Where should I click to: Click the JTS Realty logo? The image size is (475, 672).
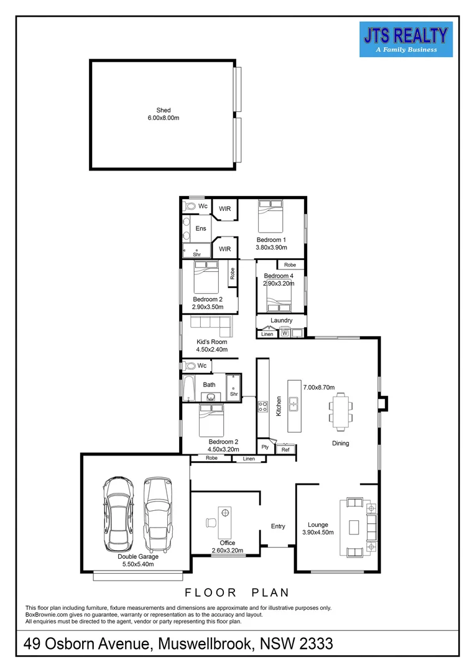click(406, 39)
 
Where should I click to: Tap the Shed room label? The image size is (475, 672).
click(164, 110)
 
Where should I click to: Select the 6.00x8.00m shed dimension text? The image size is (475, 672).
click(164, 118)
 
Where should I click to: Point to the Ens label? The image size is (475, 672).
click(201, 228)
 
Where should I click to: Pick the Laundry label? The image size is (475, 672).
click(282, 320)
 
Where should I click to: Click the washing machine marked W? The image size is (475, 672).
click(285, 333)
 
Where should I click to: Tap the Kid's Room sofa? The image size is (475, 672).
click(211, 325)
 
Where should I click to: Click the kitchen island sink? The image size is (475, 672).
click(294, 403)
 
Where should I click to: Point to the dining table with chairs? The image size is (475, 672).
click(341, 412)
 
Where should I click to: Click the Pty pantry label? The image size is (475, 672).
click(265, 447)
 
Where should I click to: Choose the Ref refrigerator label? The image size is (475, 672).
click(286, 450)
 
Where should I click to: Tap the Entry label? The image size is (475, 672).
click(278, 526)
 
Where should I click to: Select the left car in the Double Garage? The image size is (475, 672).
click(118, 514)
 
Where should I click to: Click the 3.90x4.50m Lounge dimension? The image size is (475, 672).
click(318, 532)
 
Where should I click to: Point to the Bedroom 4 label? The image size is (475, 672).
click(279, 276)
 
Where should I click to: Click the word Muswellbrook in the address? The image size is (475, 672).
click(205, 644)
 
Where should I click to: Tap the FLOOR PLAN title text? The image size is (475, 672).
click(237, 593)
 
